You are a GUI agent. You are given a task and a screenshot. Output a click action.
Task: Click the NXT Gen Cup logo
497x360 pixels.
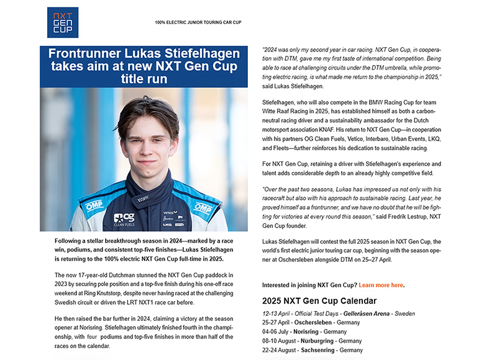coord(63,22)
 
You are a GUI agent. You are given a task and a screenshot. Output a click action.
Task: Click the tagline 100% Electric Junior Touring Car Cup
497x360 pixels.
coord(198,22)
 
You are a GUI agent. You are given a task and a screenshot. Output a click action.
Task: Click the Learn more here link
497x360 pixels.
coord(381,285)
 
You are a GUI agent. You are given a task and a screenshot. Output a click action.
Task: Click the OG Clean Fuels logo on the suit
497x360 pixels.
coord(124,219)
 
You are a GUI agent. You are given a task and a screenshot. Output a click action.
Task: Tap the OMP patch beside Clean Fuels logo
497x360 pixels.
coord(93,205)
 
